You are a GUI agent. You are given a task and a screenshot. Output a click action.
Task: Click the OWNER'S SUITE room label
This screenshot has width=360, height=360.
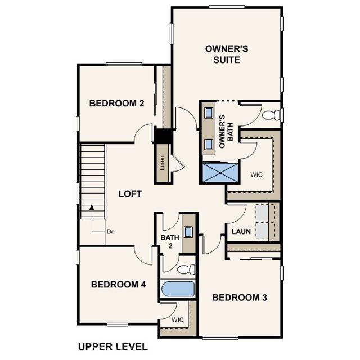tap(227, 54)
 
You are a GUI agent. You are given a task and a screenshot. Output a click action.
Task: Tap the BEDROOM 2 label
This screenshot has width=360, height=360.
tap(117, 103)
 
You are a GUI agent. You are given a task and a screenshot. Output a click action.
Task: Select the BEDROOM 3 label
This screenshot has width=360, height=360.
tap(239, 297)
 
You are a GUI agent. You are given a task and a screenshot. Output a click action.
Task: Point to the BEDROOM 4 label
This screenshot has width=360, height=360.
tap(119, 285)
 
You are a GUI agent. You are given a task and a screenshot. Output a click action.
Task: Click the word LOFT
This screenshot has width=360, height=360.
tap(130, 194)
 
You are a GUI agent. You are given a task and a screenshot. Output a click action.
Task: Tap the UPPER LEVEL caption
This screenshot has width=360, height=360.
tap(112, 346)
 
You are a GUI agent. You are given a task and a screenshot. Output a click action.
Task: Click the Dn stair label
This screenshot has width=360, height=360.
tap(110, 231)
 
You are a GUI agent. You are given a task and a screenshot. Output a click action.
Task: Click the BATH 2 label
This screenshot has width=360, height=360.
tap(169, 241)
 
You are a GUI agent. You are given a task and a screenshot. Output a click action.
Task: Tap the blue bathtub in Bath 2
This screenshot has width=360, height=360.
tap(178, 290)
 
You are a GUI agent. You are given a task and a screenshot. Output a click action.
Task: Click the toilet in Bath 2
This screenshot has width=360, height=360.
tap(188, 269)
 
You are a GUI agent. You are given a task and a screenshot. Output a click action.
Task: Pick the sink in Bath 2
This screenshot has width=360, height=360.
tap(188, 232)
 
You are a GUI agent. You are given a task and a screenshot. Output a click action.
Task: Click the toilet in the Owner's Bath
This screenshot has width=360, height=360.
tap(271, 115)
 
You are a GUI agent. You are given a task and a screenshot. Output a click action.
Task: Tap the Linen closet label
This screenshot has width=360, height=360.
tap(163, 163)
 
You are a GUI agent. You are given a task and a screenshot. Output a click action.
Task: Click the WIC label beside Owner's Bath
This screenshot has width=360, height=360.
tap(256, 175)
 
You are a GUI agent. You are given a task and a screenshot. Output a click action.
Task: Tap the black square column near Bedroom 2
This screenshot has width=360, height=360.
tap(164, 136)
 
